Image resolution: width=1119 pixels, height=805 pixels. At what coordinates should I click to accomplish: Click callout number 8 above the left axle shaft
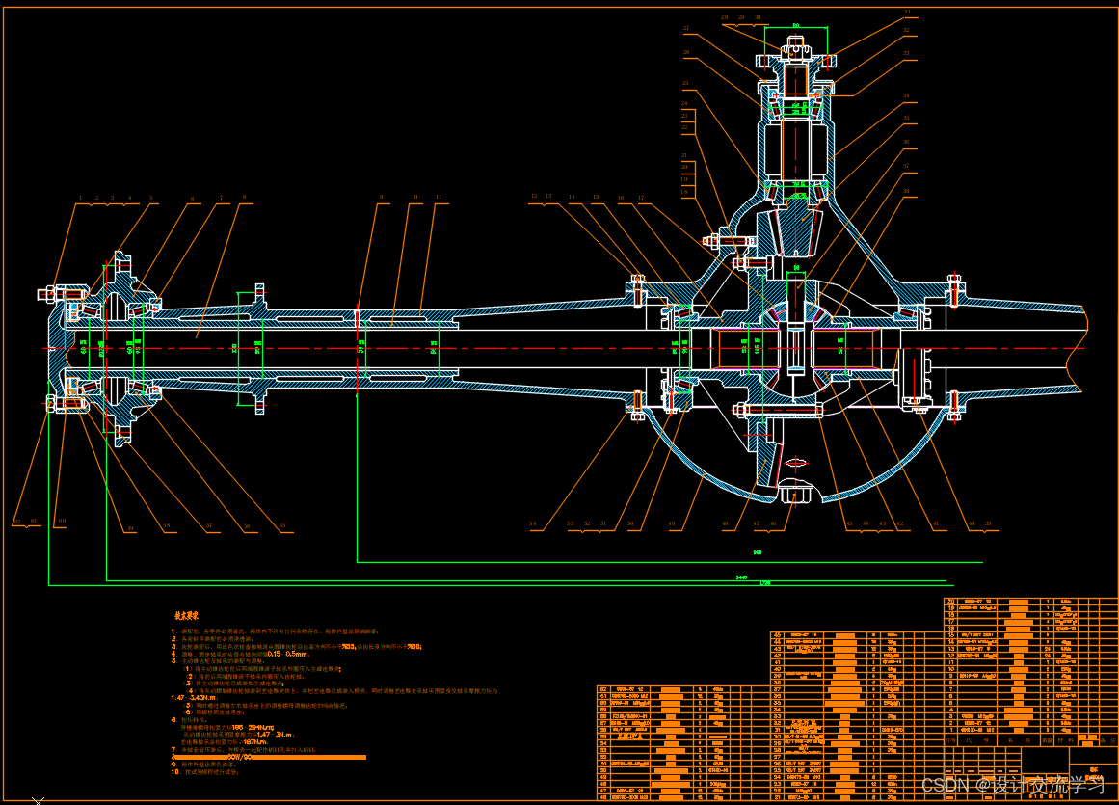tap(245, 197)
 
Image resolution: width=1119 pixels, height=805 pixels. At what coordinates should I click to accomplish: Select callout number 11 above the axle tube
tap(439, 197)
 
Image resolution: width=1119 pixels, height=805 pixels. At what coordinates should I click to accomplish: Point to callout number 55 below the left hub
tap(282, 526)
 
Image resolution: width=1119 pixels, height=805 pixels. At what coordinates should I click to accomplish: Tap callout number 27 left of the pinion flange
tap(686, 27)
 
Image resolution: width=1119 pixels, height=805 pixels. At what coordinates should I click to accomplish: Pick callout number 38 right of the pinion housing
tap(905, 191)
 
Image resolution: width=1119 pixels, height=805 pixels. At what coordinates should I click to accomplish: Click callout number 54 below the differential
tap(532, 523)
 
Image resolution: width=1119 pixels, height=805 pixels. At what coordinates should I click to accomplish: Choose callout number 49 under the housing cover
tap(671, 523)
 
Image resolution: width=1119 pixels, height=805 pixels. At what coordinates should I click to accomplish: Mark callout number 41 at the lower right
tap(934, 523)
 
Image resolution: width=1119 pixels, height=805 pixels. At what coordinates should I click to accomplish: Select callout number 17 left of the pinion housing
tap(640, 197)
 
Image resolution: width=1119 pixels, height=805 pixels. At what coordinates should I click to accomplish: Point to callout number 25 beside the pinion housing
tap(685, 83)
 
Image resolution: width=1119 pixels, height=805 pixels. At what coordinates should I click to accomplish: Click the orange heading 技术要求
tap(186, 614)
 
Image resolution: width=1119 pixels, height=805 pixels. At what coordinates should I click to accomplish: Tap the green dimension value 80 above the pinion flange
tap(796, 25)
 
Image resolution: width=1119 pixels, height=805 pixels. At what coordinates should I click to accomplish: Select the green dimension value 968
tap(758, 553)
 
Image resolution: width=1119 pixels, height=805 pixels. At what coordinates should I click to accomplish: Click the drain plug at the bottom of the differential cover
tap(793, 494)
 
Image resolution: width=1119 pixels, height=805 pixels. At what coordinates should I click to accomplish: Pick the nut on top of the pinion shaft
tap(796, 43)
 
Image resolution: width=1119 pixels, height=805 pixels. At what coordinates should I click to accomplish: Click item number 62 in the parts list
tap(604, 690)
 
